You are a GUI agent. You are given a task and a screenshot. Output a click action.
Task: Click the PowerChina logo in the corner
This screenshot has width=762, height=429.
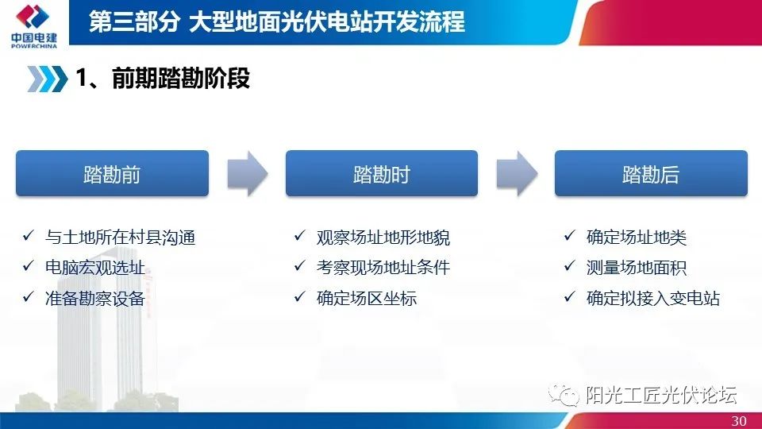coord(33,25)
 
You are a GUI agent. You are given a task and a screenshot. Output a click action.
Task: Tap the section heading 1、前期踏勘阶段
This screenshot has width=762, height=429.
coord(163,79)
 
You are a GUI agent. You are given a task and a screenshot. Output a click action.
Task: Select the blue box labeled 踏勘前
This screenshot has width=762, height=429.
coord(112,174)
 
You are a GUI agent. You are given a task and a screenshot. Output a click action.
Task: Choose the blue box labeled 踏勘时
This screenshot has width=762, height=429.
coord(382,174)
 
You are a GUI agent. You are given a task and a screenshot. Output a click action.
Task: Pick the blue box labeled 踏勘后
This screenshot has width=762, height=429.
coord(651,174)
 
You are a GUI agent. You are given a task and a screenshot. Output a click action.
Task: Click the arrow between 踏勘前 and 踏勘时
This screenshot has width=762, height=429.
coord(248,174)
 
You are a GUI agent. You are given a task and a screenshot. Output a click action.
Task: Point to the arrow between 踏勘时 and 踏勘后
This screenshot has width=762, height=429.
coord(517,174)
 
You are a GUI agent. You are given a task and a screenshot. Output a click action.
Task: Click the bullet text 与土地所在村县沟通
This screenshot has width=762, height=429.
coord(120,238)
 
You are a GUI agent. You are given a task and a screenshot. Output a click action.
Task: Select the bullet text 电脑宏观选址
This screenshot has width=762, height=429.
coord(95,268)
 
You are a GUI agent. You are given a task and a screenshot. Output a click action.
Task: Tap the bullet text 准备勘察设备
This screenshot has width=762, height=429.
coord(95,298)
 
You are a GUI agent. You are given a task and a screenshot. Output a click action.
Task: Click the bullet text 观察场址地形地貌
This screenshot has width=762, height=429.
coord(383,238)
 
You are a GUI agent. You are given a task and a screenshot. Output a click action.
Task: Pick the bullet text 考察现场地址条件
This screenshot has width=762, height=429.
coord(383,268)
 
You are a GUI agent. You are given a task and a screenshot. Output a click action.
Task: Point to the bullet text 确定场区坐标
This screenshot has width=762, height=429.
coord(366,298)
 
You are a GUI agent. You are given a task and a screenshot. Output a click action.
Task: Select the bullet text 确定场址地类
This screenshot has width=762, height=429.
coord(636,238)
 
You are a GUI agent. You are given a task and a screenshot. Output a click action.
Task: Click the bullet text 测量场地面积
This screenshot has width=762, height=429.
coord(636,268)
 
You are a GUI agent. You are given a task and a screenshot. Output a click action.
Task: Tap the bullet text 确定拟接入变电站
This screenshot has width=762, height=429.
coord(652,298)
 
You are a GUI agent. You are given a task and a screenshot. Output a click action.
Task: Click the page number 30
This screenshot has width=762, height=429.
coord(738,421)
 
